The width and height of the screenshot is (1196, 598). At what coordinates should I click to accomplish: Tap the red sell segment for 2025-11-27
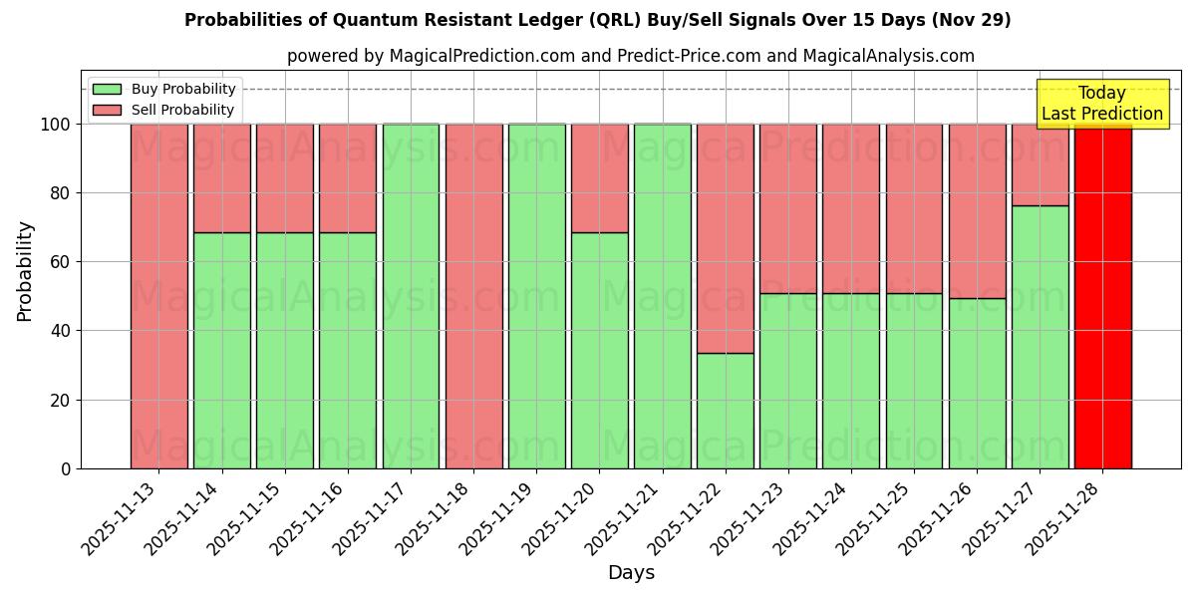click(1040, 164)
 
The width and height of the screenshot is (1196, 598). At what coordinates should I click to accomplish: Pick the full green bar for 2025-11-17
click(411, 296)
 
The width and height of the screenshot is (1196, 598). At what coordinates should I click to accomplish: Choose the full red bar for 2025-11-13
click(158, 296)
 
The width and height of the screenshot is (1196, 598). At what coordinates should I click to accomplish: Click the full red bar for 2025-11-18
click(473, 296)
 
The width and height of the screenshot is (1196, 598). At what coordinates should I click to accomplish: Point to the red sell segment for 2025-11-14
click(221, 178)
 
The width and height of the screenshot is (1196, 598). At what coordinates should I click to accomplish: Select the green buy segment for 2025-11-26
click(977, 384)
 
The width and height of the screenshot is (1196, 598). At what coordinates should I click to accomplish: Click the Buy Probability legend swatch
click(107, 89)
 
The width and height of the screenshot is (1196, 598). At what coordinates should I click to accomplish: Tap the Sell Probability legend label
click(182, 110)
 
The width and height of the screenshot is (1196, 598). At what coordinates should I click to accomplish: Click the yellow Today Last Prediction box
click(1101, 104)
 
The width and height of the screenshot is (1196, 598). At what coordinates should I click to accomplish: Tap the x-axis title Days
click(631, 573)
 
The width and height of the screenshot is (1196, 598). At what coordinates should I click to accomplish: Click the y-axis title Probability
click(25, 270)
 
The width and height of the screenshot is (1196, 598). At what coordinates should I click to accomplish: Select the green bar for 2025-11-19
click(536, 296)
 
